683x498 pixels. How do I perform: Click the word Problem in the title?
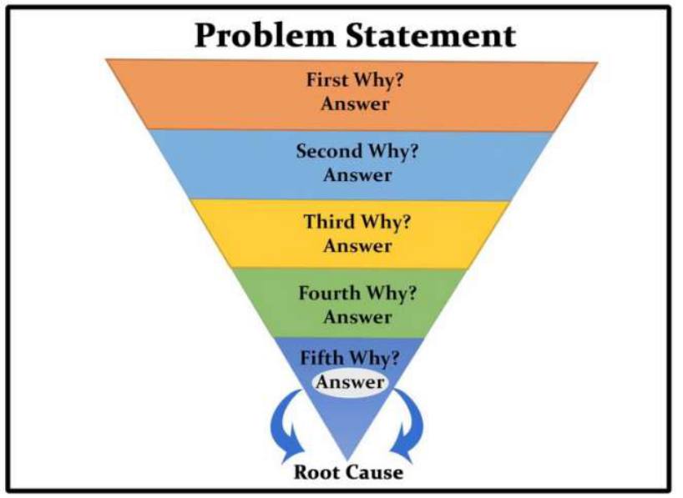265,36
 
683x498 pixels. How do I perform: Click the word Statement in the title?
431,35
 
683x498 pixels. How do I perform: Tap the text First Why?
355,81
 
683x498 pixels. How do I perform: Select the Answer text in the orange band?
355,104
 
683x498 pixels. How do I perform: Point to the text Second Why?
357,152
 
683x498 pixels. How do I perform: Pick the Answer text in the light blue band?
357,175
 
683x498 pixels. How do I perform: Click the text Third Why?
357,223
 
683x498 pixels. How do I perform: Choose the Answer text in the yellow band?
357,246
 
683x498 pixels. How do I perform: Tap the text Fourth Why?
357,294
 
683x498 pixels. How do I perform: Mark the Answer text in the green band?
357,317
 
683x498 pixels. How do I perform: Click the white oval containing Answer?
350,383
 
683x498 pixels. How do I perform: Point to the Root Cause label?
348,472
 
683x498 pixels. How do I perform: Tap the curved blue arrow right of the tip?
415,425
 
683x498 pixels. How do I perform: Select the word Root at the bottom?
317,472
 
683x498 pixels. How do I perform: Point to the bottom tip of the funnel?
347,460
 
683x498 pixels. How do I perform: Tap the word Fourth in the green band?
330,294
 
